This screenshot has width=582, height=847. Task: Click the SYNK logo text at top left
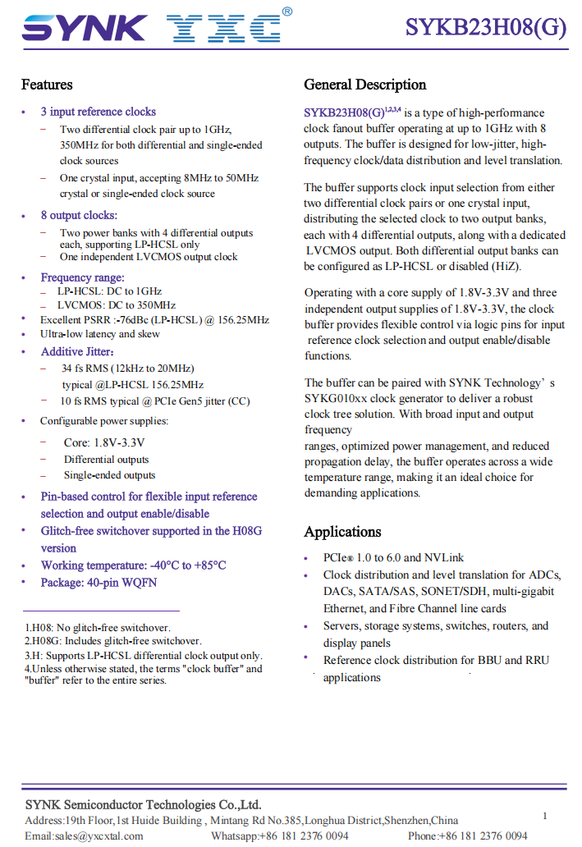click(85, 29)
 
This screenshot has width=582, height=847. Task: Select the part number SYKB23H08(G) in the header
click(485, 28)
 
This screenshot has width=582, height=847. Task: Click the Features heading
click(47, 85)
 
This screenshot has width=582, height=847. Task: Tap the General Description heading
click(365, 85)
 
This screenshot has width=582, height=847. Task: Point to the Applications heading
click(342, 532)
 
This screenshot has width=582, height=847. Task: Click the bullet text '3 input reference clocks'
click(98, 112)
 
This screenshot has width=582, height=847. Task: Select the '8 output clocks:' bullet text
click(79, 215)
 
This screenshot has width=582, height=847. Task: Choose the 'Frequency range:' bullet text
click(82, 277)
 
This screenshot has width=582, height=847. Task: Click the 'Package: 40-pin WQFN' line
click(99, 583)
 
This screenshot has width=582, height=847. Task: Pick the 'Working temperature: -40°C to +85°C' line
click(133, 565)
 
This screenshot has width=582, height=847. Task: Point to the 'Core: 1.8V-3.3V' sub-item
click(104, 442)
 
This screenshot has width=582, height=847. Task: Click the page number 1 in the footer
click(545, 816)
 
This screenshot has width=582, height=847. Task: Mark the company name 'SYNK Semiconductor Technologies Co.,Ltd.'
click(143, 804)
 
